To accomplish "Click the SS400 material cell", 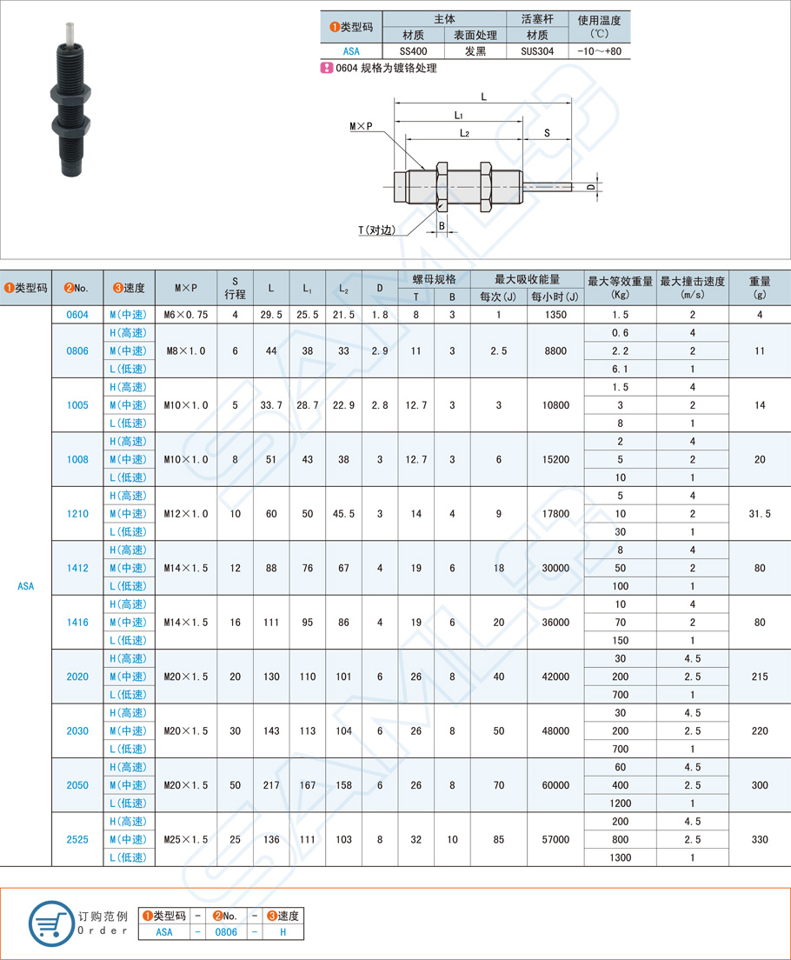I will (412, 51).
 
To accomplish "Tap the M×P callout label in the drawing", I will (361, 127).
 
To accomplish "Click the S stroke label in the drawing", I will (547, 132).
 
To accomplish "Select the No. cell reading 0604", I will (77, 315).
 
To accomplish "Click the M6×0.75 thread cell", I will (186, 315).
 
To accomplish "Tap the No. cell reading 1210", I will (77, 514).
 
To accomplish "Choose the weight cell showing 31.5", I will (759, 514).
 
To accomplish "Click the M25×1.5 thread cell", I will (186, 839).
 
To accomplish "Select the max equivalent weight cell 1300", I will (620, 857).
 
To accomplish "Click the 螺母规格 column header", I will (434, 279).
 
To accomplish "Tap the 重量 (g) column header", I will (759, 287).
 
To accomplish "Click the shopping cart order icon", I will (51, 923).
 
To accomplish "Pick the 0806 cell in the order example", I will (226, 931).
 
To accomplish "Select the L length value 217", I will (271, 785).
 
